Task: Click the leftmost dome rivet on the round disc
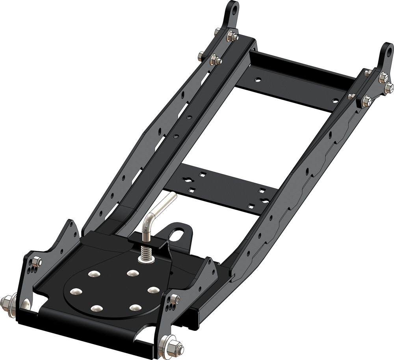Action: click(75, 291)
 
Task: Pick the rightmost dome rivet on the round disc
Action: click(153, 289)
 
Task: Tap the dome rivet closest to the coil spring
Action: click(132, 272)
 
